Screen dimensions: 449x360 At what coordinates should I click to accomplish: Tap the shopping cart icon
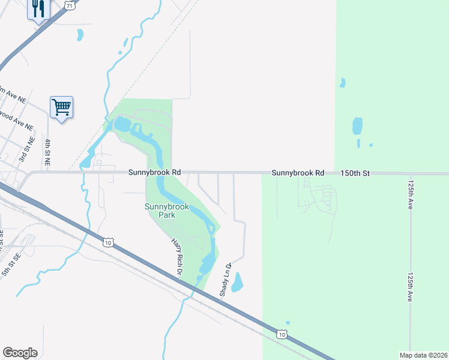tap(62, 107)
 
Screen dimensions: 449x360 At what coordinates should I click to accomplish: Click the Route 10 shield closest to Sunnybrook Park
tap(107, 242)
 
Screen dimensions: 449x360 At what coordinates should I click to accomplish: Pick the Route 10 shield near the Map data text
tap(282, 334)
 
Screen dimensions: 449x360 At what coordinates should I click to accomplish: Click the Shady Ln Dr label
tap(225, 280)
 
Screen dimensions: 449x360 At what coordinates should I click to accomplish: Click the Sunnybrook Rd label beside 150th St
tap(298, 173)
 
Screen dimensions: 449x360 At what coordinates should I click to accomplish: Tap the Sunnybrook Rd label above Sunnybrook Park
tap(154, 172)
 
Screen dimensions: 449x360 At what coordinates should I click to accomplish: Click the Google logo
tap(20, 353)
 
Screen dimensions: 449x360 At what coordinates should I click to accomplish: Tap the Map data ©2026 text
tap(423, 355)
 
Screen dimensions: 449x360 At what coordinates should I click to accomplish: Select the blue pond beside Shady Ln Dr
tap(237, 282)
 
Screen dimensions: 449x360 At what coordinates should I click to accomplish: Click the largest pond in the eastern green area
tap(357, 126)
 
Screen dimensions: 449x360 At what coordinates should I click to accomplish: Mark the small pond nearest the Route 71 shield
tap(80, 35)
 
